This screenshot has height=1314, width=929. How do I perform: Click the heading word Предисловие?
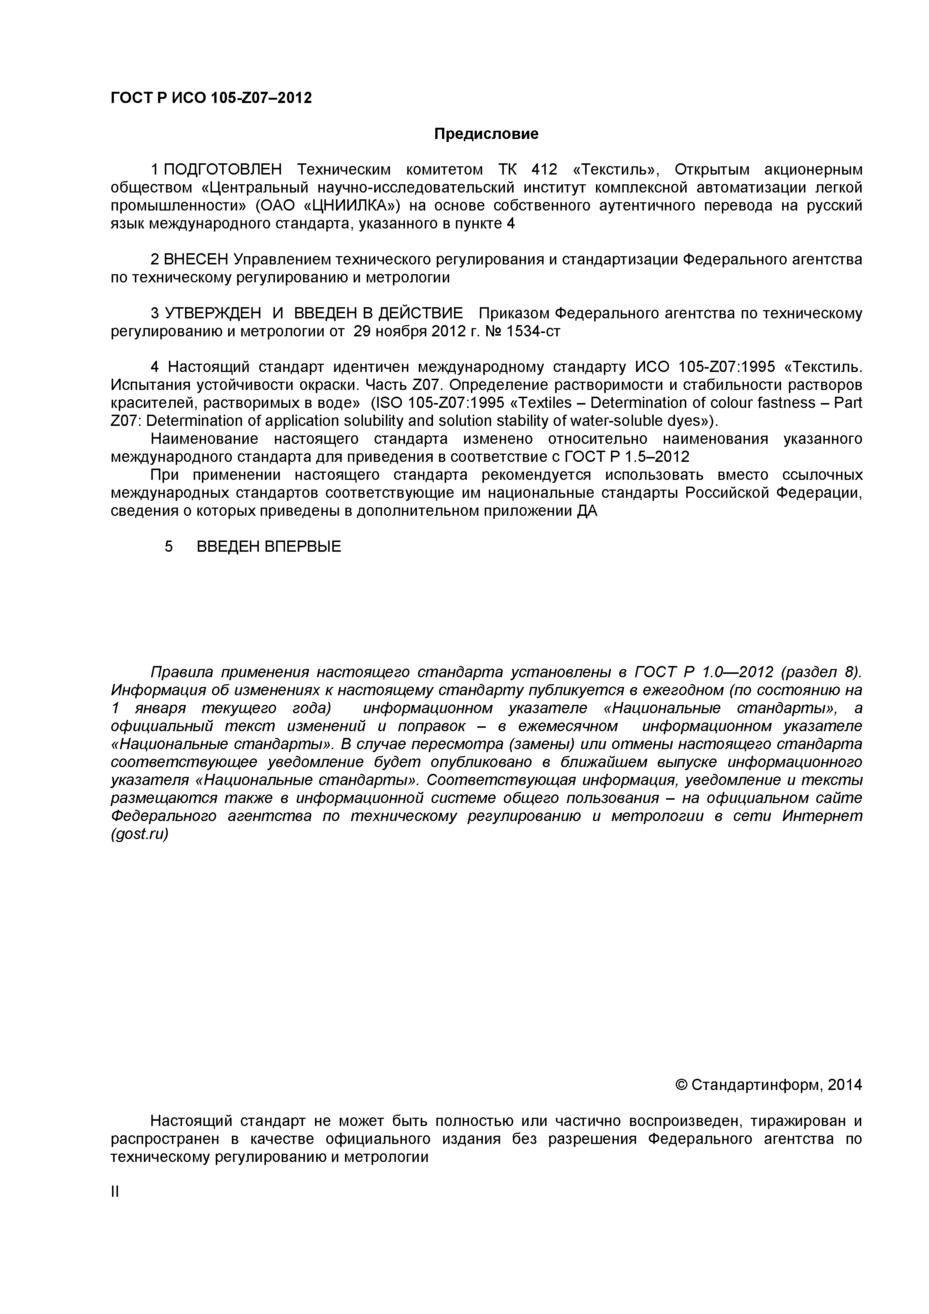coord(486,134)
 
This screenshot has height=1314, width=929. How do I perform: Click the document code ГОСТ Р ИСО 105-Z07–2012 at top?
coord(211,99)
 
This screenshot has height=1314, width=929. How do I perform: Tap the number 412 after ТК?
coord(544,170)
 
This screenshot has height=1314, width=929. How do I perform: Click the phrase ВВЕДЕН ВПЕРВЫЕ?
coord(269,547)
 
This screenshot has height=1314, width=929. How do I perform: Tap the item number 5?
coord(168,547)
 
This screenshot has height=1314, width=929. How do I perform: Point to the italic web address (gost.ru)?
coord(140,835)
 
